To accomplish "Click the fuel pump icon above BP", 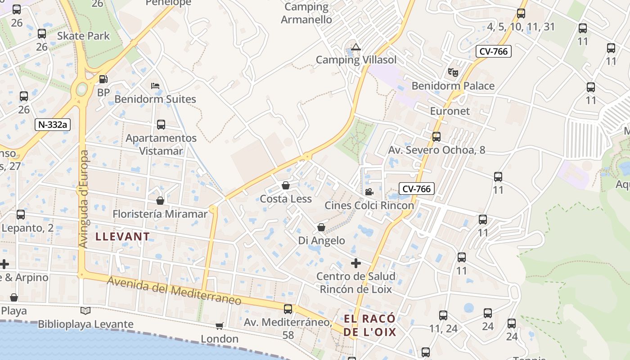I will point(103,80).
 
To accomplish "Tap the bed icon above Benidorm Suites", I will point(155,85).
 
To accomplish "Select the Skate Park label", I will point(84,36).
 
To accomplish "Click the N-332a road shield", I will point(53,125).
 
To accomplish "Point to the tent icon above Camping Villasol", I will point(356,47).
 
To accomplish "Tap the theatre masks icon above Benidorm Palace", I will point(453,72).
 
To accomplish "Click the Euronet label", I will point(450,111).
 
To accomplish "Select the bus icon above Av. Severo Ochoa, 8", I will point(436,136).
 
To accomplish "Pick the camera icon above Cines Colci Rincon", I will point(369,192).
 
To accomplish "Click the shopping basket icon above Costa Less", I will point(285,185).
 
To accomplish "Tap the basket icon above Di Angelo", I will point(321,227).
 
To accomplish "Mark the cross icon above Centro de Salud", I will point(356,263).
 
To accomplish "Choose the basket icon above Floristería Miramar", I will point(160,201).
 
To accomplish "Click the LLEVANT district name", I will point(122,236).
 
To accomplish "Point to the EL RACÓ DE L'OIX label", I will point(370,325).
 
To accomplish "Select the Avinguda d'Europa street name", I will point(84,199).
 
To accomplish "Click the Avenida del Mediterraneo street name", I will point(174,290).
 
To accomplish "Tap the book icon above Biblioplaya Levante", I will point(85,310).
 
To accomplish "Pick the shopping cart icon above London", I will point(219,326).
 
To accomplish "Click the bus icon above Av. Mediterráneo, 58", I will point(288,309).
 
